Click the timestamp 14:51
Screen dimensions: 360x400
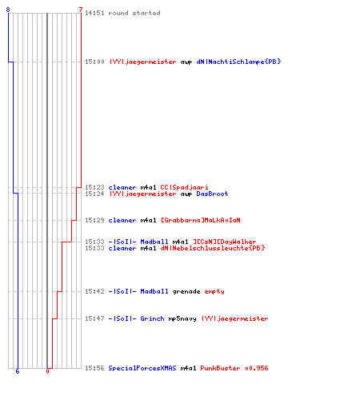(94, 13)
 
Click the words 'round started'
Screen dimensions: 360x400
(134, 13)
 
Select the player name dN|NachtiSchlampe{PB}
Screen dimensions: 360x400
(238, 62)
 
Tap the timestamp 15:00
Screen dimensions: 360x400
(94, 62)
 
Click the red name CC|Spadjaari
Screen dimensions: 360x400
(184, 187)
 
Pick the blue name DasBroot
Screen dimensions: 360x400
(212, 194)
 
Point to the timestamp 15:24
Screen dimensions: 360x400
(94, 194)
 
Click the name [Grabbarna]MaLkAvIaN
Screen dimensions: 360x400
(201, 220)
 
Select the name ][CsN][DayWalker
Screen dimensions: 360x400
(224, 242)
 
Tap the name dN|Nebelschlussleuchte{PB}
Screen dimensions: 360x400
(213, 248)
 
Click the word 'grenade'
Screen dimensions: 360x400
(186, 291)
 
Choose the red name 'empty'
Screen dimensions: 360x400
(214, 291)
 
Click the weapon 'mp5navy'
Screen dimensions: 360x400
(182, 318)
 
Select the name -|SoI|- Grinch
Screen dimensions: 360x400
(136, 318)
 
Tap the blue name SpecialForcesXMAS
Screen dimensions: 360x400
(142, 368)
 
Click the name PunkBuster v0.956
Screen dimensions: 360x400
(234, 368)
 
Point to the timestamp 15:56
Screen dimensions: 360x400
(94, 368)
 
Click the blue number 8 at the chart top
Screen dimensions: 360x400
(8, 10)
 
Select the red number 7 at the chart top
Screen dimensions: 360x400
(81, 10)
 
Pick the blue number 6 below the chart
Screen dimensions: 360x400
(18, 371)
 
